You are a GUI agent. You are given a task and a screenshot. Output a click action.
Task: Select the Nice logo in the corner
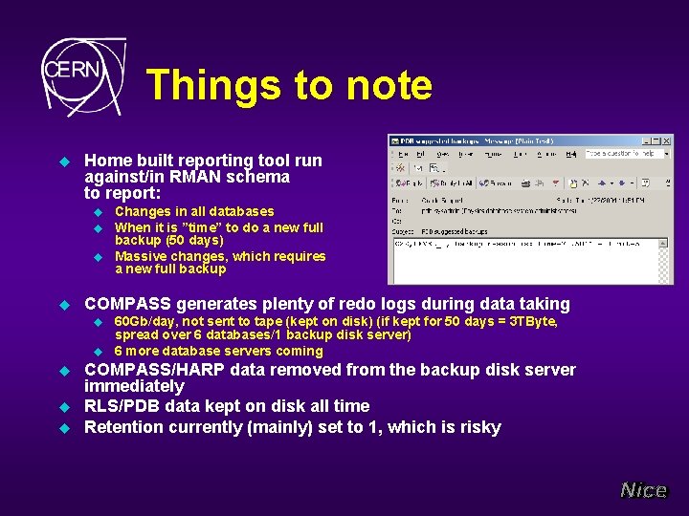pyautogui.click(x=643, y=490)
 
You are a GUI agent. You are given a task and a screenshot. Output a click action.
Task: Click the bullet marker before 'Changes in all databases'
pyautogui.click(x=97, y=212)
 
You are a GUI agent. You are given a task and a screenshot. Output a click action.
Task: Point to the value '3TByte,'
pyautogui.click(x=531, y=322)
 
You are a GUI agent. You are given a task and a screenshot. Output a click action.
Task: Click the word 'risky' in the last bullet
pyautogui.click(x=478, y=427)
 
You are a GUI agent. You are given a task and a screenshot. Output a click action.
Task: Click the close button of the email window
pyautogui.click(x=667, y=140)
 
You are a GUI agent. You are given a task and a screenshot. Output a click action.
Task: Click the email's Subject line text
pyautogui.click(x=456, y=231)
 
